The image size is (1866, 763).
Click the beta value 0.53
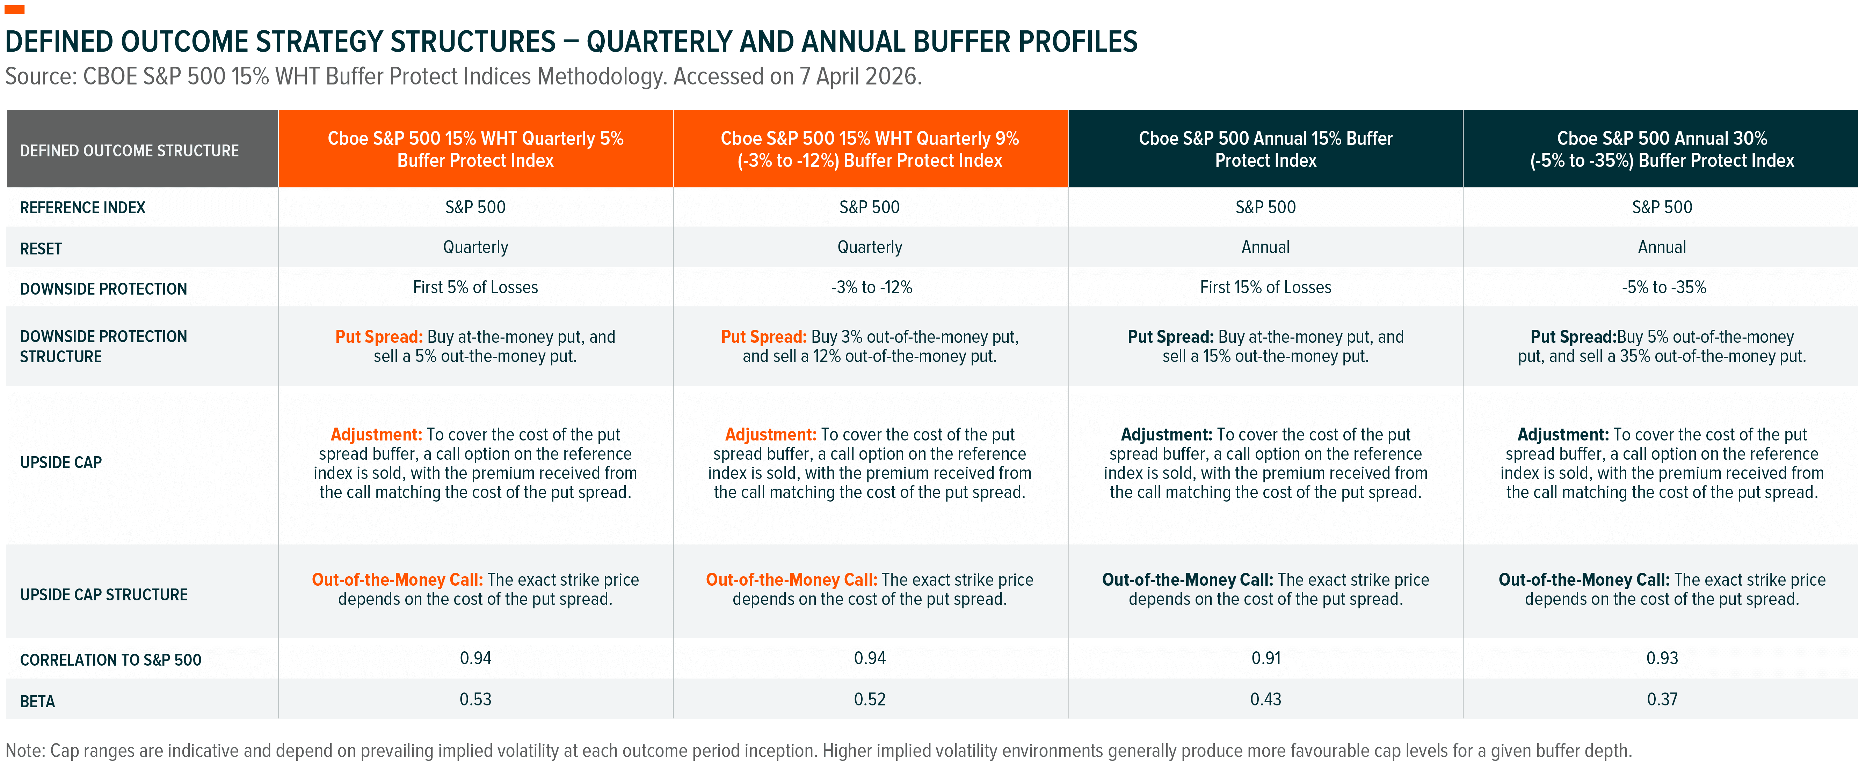point(475,699)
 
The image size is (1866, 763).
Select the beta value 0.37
point(1662,699)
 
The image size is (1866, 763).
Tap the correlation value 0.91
point(1265,658)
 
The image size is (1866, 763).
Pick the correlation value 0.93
point(1662,658)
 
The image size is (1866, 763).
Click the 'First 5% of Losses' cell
point(475,287)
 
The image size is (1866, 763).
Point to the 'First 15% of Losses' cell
point(1265,287)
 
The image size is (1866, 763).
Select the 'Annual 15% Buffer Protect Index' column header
point(1265,149)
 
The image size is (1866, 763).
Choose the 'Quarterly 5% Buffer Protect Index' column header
point(475,149)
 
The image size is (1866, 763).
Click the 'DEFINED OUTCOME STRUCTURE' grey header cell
point(129,150)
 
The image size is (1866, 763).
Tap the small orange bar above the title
point(14,9)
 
